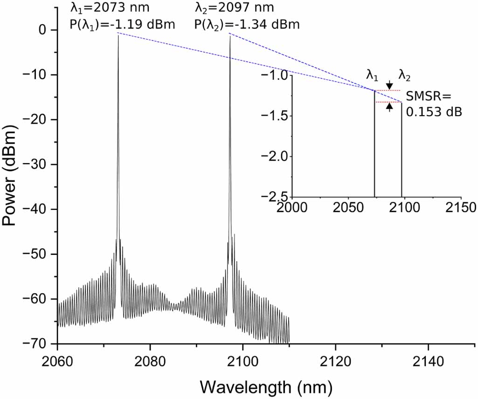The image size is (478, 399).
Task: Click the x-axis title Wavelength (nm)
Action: click(x=266, y=385)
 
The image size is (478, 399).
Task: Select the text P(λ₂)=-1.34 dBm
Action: click(x=247, y=24)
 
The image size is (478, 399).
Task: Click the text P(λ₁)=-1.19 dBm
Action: click(x=122, y=24)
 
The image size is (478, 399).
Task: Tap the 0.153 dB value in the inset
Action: click(x=434, y=112)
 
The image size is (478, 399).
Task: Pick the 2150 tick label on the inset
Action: click(x=461, y=208)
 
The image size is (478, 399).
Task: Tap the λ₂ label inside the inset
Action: click(x=404, y=75)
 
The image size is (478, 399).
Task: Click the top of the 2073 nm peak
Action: click(x=118, y=34)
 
